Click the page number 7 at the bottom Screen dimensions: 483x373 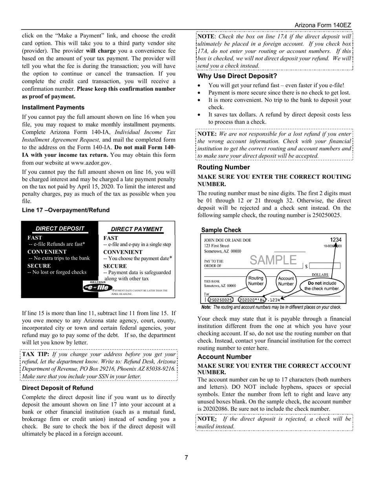click(186, 457)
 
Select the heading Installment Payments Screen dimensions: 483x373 click(53, 107)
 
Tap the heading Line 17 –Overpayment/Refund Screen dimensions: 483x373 click(66, 210)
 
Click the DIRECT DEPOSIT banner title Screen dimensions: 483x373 click(60, 229)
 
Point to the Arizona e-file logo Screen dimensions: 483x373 click(96, 287)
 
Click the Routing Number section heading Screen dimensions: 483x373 click(223, 167)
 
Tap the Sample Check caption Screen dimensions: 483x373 click(221, 230)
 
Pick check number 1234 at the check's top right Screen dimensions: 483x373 click(335, 240)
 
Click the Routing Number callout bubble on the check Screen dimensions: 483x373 click(256, 281)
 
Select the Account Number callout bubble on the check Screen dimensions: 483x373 click(286, 281)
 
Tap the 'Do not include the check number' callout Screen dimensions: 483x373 click(322, 285)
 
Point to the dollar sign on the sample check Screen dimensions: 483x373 click(306, 266)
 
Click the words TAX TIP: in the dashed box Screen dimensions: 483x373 click(35, 354)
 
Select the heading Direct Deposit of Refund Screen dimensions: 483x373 click(57, 388)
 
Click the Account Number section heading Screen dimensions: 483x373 click(224, 357)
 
